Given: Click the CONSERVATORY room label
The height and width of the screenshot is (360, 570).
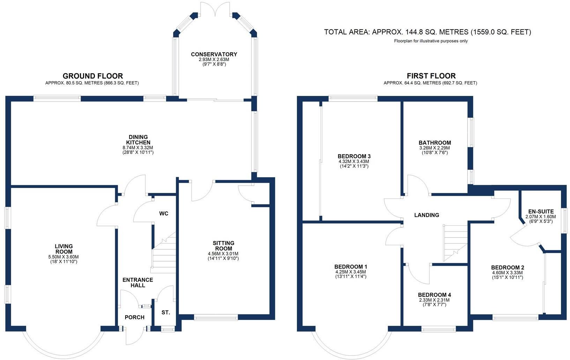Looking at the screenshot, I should (x=214, y=54).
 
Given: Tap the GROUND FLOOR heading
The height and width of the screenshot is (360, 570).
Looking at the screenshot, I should (x=92, y=76).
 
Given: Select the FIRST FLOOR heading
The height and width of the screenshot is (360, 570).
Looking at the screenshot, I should (x=431, y=76).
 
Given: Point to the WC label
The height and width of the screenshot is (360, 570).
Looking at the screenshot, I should (x=164, y=213).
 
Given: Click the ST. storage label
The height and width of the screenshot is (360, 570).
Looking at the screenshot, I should (x=166, y=313).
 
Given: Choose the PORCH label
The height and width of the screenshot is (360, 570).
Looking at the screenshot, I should (x=134, y=317).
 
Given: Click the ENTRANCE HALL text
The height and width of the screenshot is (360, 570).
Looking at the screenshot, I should (x=137, y=283).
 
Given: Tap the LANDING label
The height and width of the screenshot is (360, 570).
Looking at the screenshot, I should (x=426, y=215).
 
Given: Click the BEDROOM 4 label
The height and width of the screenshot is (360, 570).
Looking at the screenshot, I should (x=434, y=295).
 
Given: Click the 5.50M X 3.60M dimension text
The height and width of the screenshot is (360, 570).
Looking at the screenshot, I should (x=63, y=257).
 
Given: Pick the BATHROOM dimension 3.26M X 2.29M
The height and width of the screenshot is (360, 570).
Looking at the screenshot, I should (x=434, y=148).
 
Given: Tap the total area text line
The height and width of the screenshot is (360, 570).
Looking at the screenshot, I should (x=427, y=32).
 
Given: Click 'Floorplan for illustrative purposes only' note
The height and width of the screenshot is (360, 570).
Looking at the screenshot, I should (x=431, y=41).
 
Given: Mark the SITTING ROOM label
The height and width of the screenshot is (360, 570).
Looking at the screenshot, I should (x=223, y=246).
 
